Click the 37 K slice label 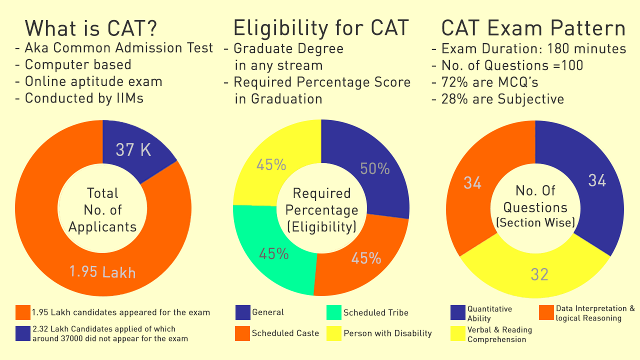[133, 149]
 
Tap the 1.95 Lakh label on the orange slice [102, 272]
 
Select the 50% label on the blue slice [375, 169]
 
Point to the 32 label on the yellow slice [539, 274]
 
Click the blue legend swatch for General [242, 312]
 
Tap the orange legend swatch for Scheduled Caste [242, 333]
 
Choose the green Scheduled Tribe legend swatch [333, 312]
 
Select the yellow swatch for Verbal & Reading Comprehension [457, 333]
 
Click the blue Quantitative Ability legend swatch [457, 312]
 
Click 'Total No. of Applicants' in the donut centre [102, 210]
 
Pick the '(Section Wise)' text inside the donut [535, 222]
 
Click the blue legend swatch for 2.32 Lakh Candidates [23, 333]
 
